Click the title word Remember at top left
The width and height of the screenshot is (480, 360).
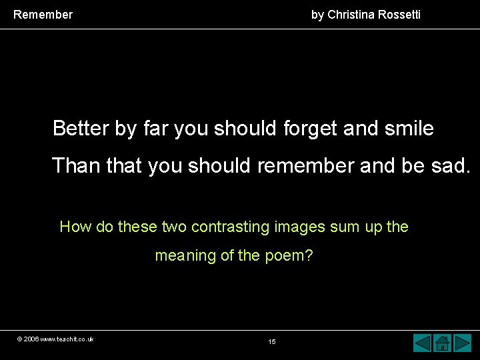(43, 14)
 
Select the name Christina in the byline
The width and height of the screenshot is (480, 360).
(359, 14)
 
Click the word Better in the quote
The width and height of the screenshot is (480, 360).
(81, 128)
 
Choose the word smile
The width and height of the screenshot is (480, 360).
(409, 128)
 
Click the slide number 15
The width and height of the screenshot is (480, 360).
(272, 342)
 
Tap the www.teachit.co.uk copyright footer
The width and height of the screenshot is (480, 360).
(56, 339)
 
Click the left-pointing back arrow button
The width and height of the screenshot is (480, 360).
(423, 343)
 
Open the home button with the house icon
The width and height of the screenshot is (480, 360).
(442, 343)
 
